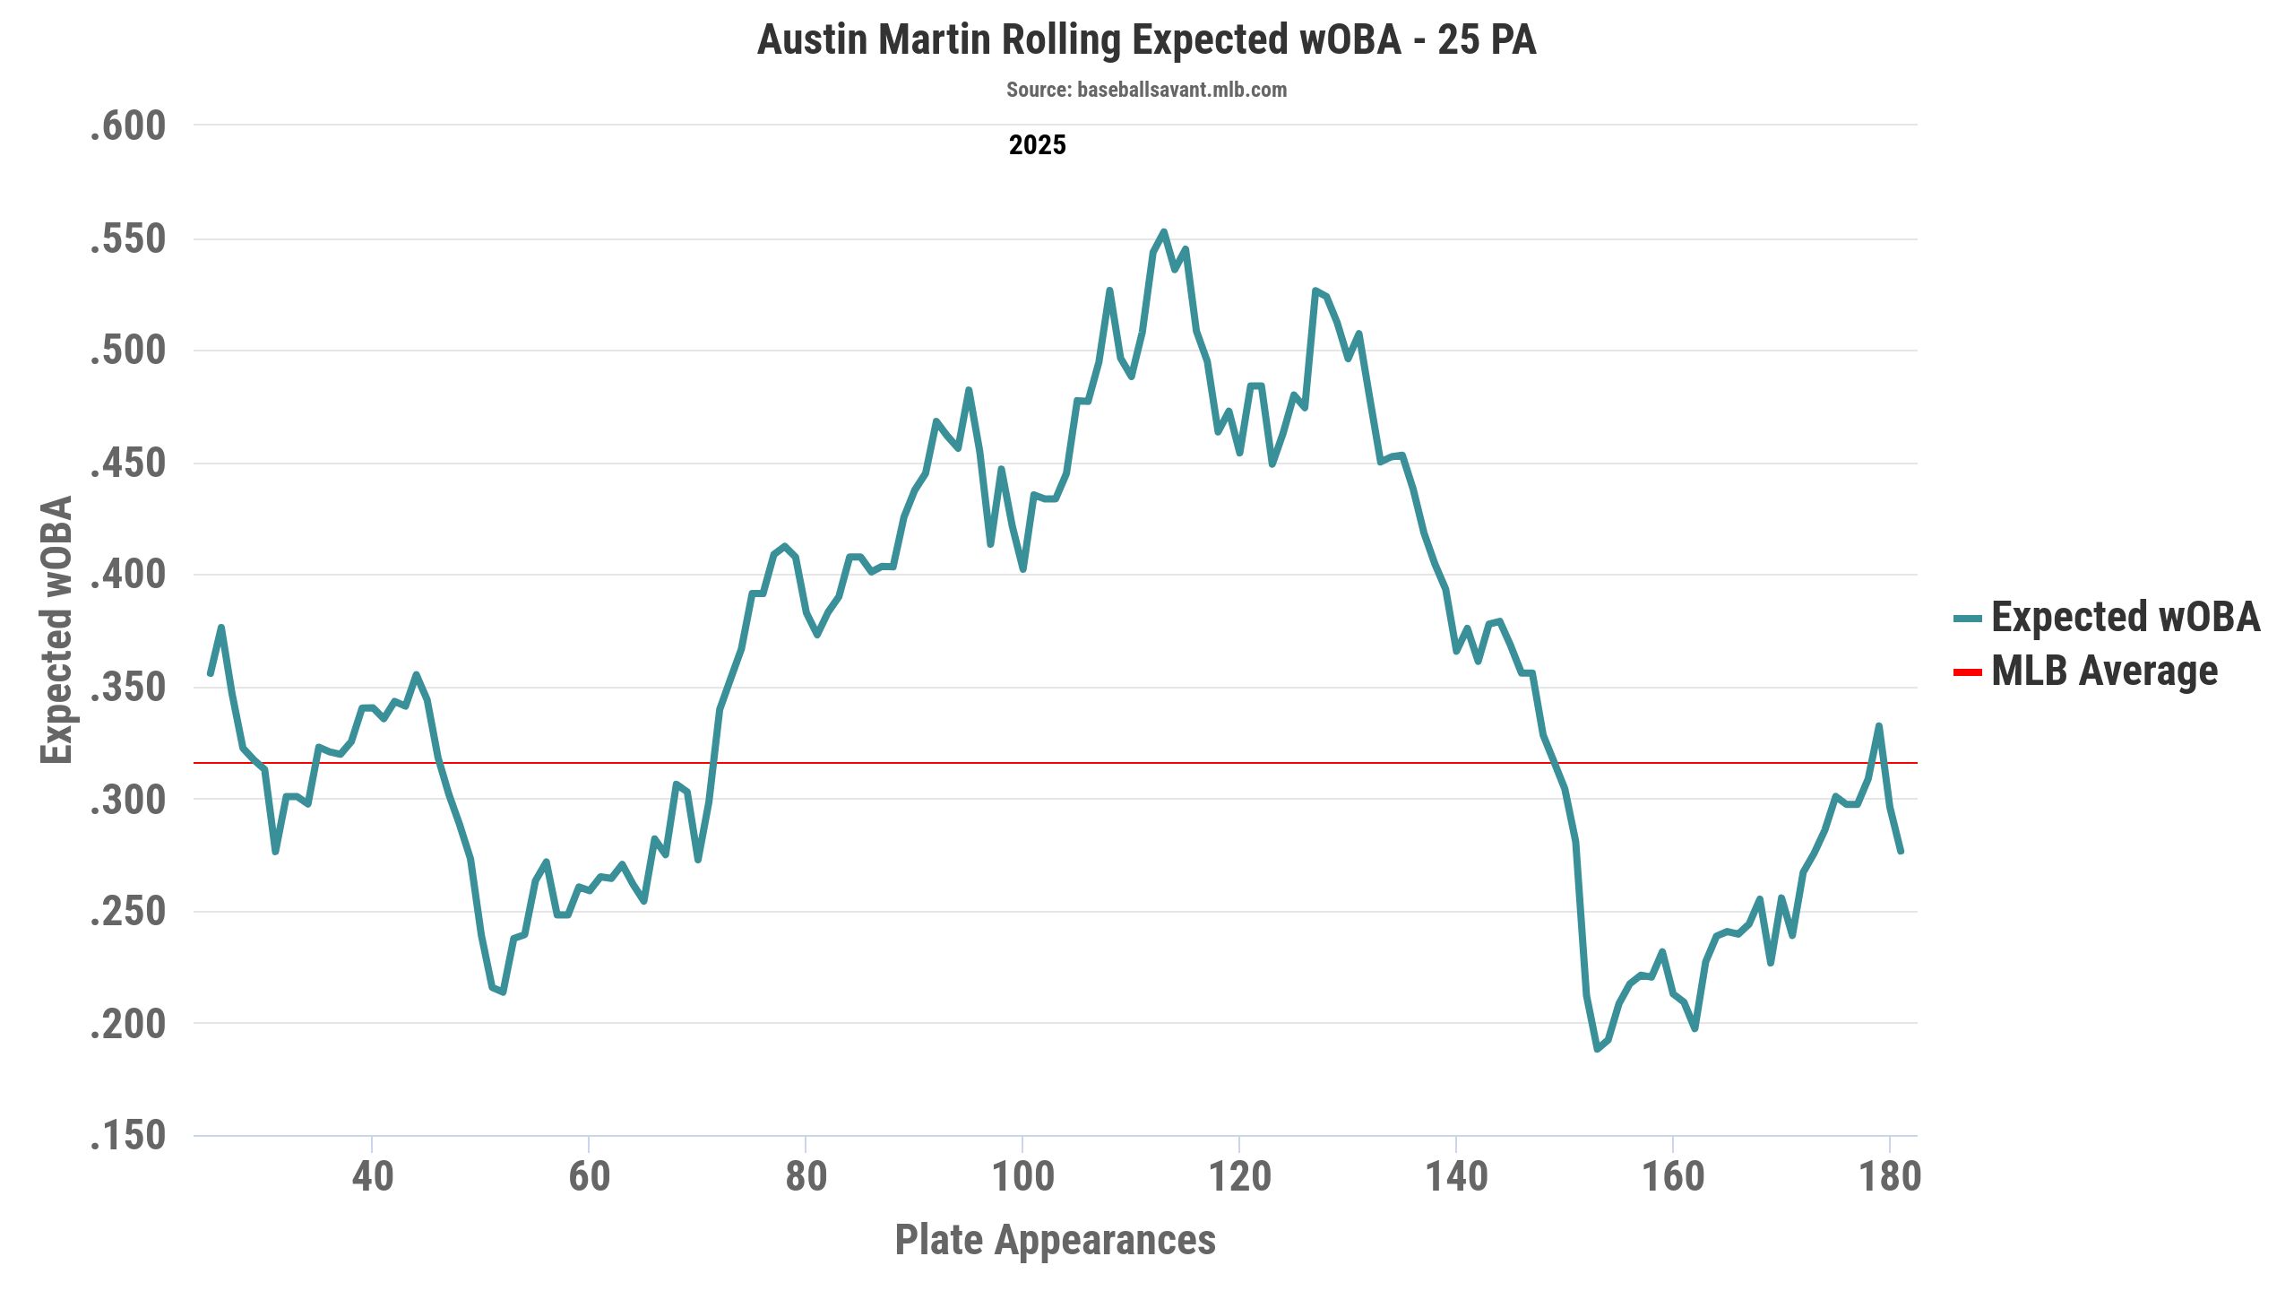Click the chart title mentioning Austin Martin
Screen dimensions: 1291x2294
click(x=1146, y=40)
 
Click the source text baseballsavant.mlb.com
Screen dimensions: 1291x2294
click(x=1146, y=90)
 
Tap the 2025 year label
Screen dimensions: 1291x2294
click(x=1037, y=145)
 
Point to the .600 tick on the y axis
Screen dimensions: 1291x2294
click(x=128, y=126)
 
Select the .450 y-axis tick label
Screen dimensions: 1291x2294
click(x=128, y=464)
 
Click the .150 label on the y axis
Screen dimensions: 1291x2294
click(x=128, y=1136)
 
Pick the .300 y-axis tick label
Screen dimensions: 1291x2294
click(x=128, y=800)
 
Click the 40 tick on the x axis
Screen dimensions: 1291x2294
click(x=372, y=1176)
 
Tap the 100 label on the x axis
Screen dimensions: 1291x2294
click(x=1022, y=1176)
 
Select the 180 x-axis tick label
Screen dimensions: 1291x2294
click(x=1890, y=1176)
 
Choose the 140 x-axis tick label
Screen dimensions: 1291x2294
click(x=1456, y=1176)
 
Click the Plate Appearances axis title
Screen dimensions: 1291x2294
click(x=1055, y=1240)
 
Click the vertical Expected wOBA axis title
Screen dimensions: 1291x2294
click(x=56, y=629)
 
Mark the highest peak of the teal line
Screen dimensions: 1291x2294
click(x=1163, y=232)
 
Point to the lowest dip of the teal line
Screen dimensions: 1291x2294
click(x=1597, y=1049)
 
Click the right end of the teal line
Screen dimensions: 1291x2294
click(x=1901, y=851)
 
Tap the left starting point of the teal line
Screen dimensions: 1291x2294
click(x=211, y=673)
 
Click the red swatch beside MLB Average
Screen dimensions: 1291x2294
click(x=1967, y=672)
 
